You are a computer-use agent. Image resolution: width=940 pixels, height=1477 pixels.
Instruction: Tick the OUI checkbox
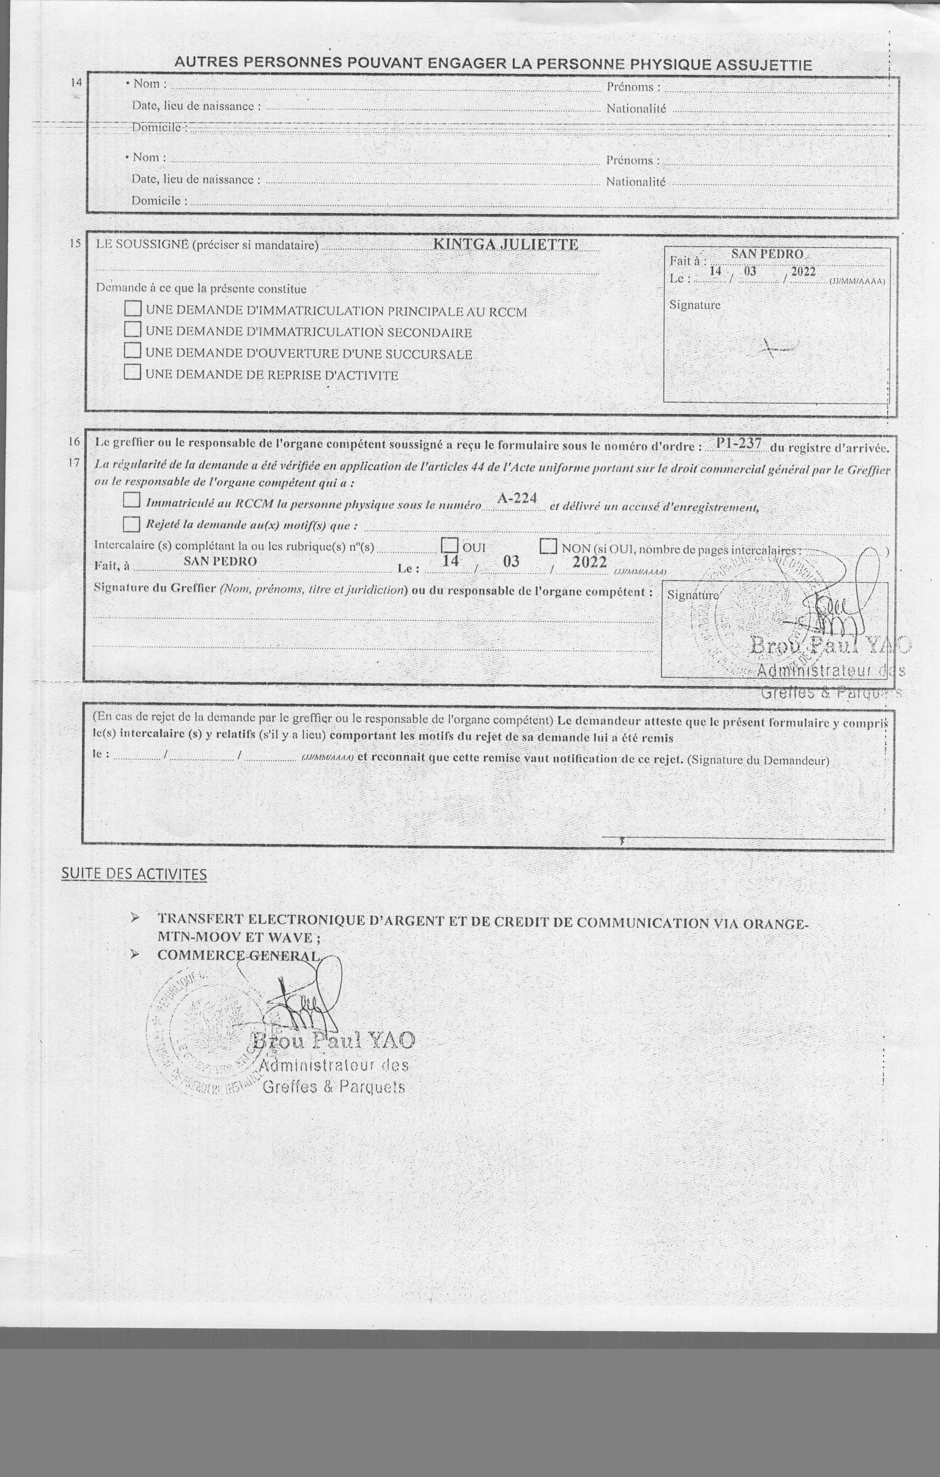click(450, 545)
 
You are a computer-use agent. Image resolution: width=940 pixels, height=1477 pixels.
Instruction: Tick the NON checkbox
click(548, 545)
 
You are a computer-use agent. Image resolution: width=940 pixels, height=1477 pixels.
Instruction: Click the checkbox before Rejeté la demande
click(131, 524)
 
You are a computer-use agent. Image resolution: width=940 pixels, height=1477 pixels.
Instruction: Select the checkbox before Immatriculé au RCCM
click(131, 500)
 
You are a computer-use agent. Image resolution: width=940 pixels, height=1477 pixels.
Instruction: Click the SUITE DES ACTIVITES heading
click(134, 874)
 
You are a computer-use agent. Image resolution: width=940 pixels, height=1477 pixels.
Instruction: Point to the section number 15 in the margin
click(75, 243)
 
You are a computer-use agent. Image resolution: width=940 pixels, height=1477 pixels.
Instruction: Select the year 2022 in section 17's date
click(589, 562)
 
